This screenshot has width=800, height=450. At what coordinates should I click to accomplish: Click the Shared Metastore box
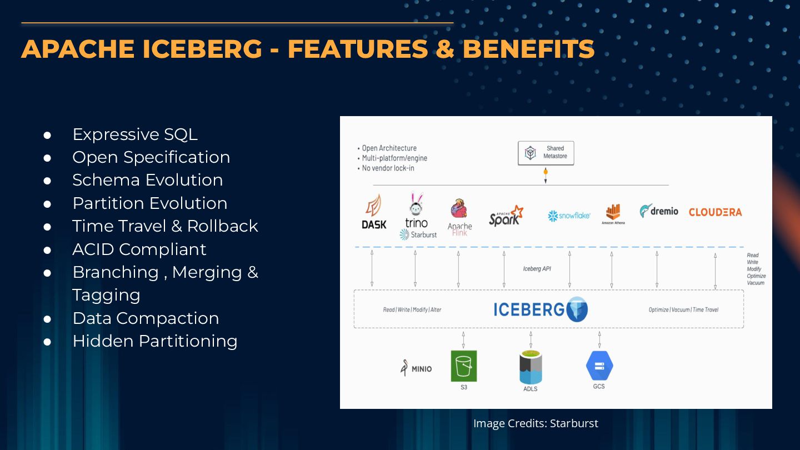pos(546,153)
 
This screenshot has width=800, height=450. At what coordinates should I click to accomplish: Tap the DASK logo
pos(374,212)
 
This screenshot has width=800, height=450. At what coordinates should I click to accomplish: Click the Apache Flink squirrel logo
pos(459,210)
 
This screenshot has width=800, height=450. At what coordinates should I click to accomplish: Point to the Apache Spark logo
pos(506,215)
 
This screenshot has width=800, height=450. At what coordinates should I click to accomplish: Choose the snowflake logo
pos(569,216)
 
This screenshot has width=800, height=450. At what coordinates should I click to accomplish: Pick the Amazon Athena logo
pos(613,213)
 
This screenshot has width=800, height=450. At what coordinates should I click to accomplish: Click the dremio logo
pos(659,211)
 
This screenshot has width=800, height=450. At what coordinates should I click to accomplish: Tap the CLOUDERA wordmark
pos(715,212)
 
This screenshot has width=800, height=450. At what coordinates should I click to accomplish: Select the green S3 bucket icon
pos(463,366)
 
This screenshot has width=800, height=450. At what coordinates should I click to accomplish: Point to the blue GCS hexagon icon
pos(599,366)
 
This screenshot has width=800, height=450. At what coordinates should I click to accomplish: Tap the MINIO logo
pos(416,368)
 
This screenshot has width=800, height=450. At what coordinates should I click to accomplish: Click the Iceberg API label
pos(537,269)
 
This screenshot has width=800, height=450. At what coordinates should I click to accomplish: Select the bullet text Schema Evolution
pos(147,180)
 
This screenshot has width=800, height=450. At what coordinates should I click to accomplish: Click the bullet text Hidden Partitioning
pos(154,341)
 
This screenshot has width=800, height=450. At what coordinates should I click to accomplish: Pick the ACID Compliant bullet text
pos(139,249)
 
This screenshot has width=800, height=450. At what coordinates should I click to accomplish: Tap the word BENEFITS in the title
pos(528,49)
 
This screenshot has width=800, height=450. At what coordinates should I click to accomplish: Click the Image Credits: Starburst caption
pos(536,423)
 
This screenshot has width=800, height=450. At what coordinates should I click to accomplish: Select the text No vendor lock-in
pos(388,168)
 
